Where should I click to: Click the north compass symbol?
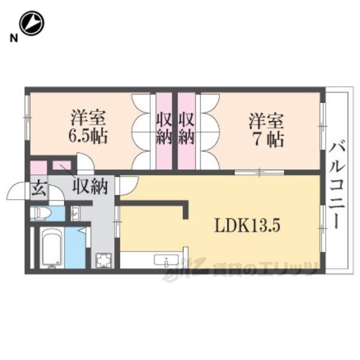click(x=31, y=23)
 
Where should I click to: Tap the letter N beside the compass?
click(x=13, y=38)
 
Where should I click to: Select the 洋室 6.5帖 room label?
click(x=88, y=127)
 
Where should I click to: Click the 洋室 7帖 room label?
click(x=267, y=130)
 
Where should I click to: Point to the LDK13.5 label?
click(x=247, y=226)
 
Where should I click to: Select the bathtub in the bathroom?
click(x=52, y=247)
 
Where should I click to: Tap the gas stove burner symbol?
click(x=103, y=260)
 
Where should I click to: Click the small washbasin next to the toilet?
click(x=75, y=213)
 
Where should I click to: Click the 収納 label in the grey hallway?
click(x=90, y=186)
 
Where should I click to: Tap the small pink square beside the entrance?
click(x=39, y=168)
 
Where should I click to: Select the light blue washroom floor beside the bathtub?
click(x=75, y=247)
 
